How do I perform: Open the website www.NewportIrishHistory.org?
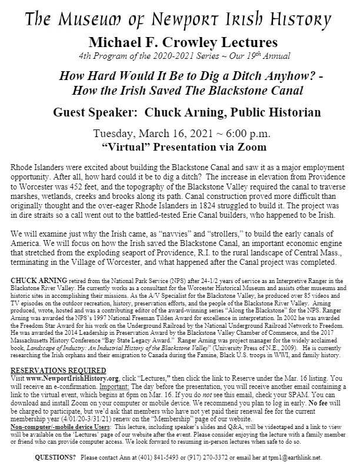pos(69,377)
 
